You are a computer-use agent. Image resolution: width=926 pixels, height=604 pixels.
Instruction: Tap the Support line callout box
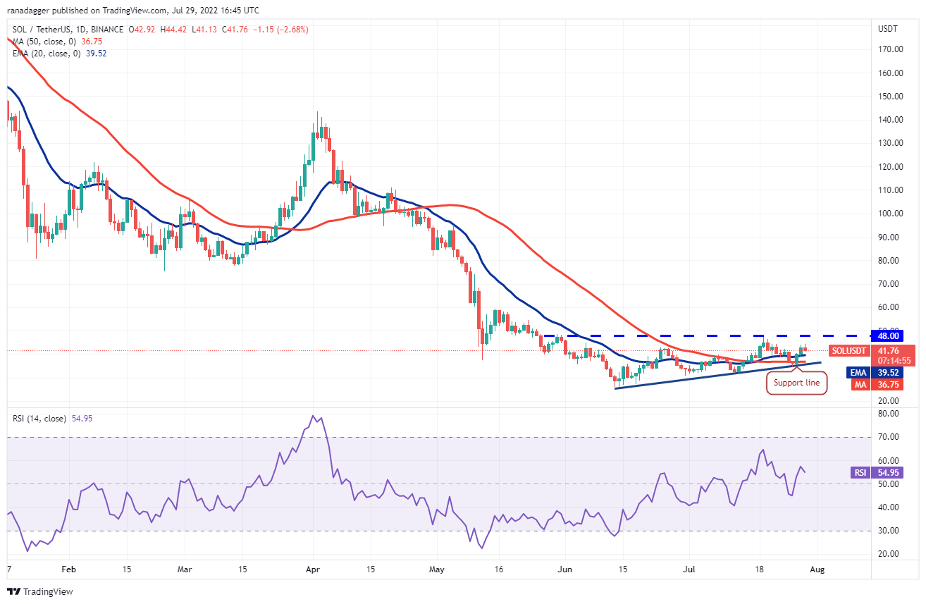click(796, 383)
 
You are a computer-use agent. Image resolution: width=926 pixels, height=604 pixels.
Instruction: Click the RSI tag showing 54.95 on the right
click(860, 473)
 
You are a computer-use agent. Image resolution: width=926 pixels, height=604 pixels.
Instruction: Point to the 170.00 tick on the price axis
click(890, 49)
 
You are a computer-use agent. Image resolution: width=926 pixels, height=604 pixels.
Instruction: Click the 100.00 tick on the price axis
click(890, 214)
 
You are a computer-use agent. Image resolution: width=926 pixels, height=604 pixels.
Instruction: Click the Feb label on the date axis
click(68, 567)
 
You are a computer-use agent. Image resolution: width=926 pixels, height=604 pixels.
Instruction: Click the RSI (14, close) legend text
click(39, 419)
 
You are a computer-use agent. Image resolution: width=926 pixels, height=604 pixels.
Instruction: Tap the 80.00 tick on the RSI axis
click(888, 414)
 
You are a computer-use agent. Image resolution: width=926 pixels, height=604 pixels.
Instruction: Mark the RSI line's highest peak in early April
click(313, 416)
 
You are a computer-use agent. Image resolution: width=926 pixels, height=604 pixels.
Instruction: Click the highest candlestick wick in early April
click(317, 111)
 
